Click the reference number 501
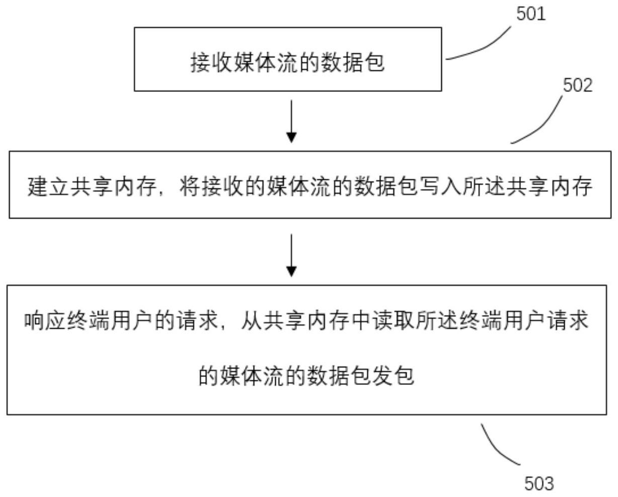click(x=530, y=14)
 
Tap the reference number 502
click(x=577, y=85)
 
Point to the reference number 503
click(x=538, y=483)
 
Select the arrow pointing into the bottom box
click(x=291, y=255)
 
